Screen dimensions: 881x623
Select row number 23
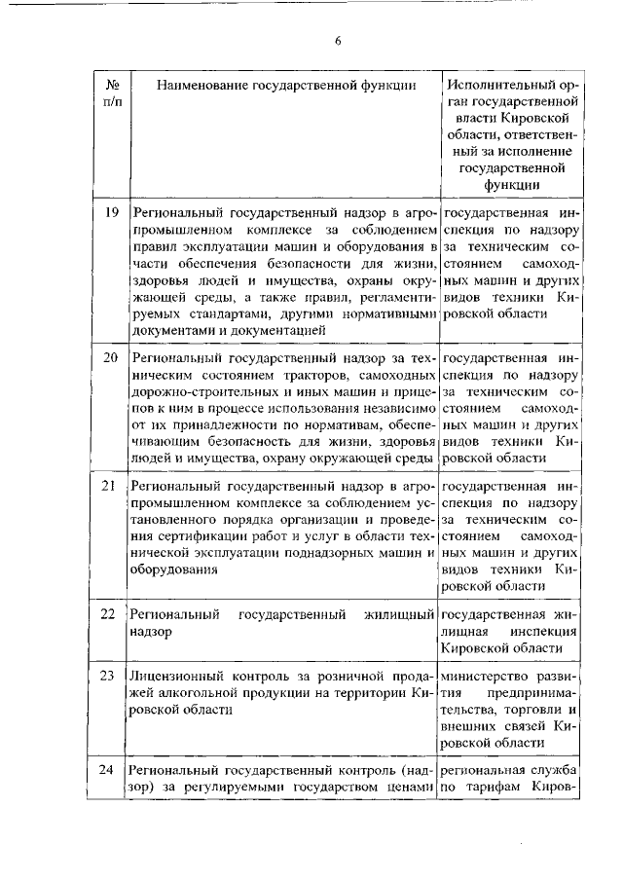point(110,675)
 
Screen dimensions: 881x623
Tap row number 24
point(110,770)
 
